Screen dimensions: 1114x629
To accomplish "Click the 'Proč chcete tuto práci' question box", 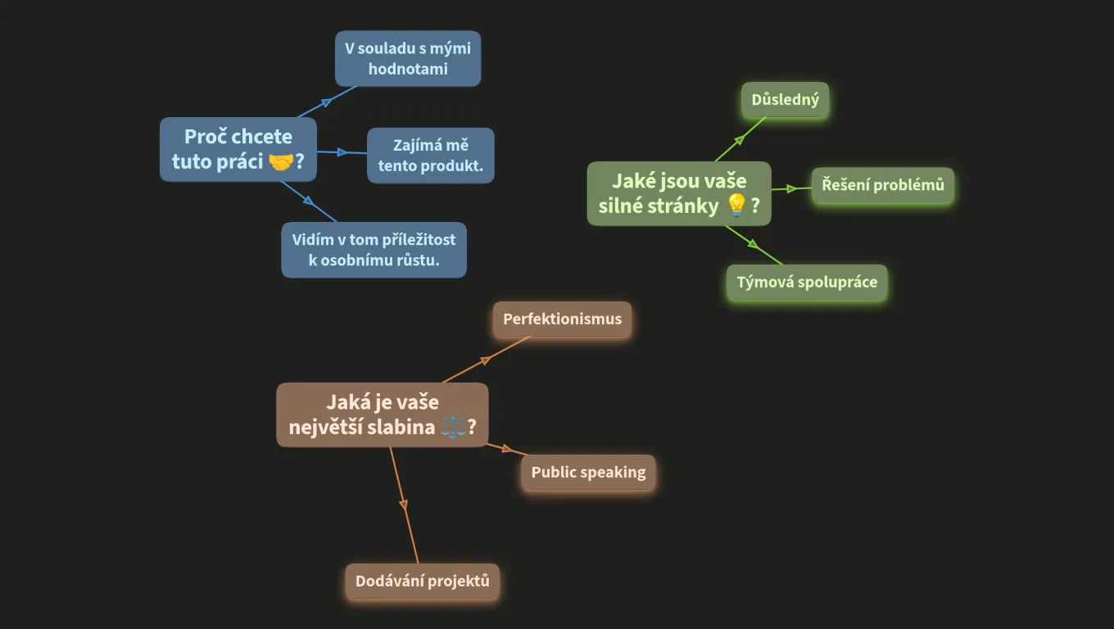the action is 238,149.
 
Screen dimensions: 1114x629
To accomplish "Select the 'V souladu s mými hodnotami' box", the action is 408,59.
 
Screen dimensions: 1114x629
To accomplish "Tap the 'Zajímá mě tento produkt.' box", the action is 431,155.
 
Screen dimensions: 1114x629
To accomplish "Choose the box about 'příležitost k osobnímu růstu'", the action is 374,250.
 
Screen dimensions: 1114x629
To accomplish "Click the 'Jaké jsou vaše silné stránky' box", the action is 679,193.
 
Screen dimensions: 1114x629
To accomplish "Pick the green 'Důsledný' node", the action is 786,100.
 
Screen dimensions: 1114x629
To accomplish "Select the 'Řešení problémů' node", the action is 883,185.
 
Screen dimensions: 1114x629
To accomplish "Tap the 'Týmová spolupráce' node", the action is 807,283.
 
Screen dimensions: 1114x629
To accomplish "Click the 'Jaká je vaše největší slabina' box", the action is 383,414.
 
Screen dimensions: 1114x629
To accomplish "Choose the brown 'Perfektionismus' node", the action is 563,319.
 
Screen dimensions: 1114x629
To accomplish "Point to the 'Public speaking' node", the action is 588,473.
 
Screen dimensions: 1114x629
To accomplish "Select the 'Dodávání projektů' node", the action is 422,581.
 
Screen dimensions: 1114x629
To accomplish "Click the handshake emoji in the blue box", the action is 281,162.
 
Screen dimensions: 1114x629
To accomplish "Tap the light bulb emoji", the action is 736,206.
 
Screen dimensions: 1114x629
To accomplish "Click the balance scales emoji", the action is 452,428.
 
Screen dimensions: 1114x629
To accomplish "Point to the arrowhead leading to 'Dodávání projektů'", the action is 403,505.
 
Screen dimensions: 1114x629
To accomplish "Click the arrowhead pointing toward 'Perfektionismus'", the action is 486,360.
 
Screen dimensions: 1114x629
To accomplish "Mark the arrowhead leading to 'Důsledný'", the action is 740,140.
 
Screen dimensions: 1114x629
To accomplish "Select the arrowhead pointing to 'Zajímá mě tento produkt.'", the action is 342,152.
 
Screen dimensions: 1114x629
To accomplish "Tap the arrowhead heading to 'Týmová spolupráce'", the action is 754,244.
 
